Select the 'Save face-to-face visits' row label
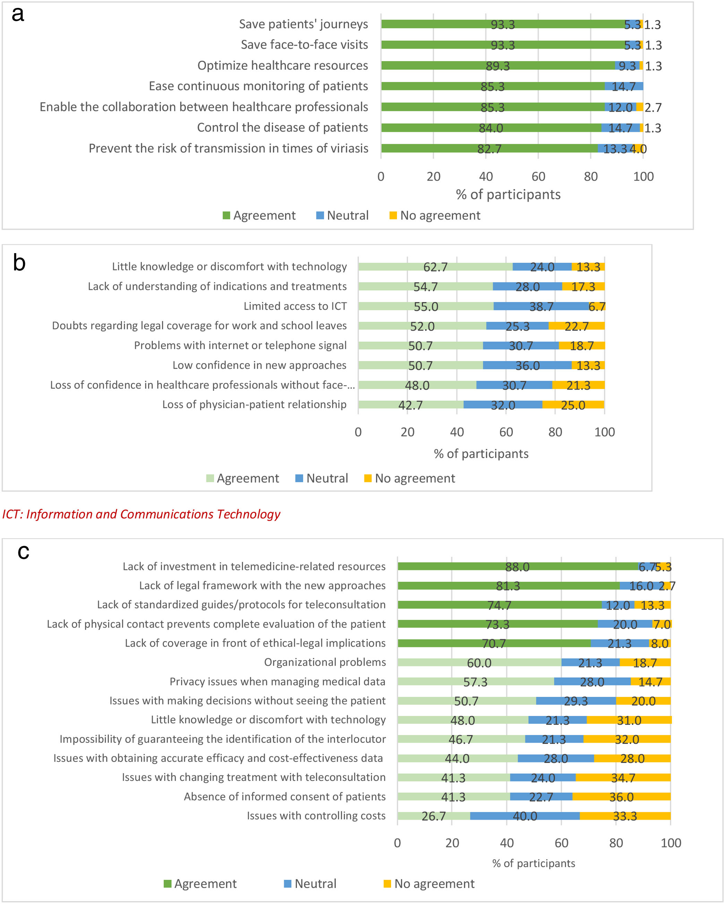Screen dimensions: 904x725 tap(304, 44)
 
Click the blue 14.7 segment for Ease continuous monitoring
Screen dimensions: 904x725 tap(623, 86)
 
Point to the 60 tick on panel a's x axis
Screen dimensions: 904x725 tap(538, 177)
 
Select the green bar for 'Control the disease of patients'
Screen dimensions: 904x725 tap(491, 128)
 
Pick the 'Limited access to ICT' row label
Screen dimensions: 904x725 tap(295, 306)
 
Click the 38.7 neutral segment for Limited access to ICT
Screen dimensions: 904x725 tap(541, 307)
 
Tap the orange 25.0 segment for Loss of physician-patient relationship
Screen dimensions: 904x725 tap(573, 405)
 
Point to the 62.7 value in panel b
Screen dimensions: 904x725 tap(435, 267)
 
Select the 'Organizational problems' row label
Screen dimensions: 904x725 tap(325, 662)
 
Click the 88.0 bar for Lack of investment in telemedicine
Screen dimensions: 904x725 tap(517, 567)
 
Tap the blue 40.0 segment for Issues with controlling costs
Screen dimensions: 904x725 tap(525, 816)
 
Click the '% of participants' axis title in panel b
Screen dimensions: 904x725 tap(481, 454)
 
